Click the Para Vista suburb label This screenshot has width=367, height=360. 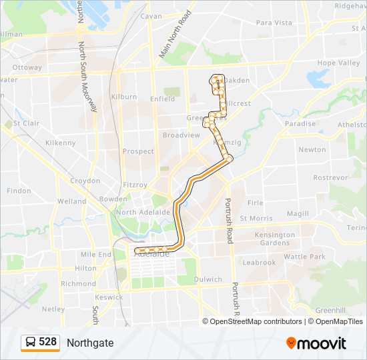[274, 23]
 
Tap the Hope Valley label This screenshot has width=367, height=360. [338, 63]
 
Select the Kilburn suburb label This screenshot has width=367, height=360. [125, 97]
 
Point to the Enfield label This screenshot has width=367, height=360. [163, 99]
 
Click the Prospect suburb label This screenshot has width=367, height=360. [139, 151]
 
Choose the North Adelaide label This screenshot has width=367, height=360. [140, 212]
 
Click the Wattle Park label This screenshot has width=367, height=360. [304, 257]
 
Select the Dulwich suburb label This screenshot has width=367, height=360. [209, 279]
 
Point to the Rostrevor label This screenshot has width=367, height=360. [330, 178]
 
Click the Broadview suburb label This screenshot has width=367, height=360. [181, 135]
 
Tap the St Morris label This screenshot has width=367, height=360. [256, 218]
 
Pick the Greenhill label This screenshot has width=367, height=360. [330, 310]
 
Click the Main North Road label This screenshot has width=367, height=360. [175, 35]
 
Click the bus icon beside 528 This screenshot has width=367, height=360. [31, 343]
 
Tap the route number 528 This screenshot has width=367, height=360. [47, 342]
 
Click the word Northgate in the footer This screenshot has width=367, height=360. [90, 343]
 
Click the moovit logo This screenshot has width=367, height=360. [316, 343]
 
